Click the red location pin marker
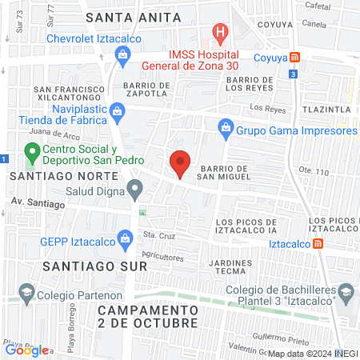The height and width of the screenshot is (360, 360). click(180, 163)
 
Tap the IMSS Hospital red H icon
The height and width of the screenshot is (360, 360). click(219, 34)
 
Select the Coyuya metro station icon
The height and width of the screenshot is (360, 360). click(295, 57)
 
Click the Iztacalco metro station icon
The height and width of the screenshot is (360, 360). click(318, 243)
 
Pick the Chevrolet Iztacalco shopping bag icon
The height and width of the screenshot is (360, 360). click(122, 54)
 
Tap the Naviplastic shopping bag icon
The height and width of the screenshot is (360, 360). click(118, 110)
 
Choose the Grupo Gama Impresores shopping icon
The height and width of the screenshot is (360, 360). click(226, 127)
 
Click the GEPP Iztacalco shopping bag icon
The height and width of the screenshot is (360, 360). click(125, 238)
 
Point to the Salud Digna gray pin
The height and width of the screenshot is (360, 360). click(135, 190)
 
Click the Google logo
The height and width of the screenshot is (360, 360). click(26, 350)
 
